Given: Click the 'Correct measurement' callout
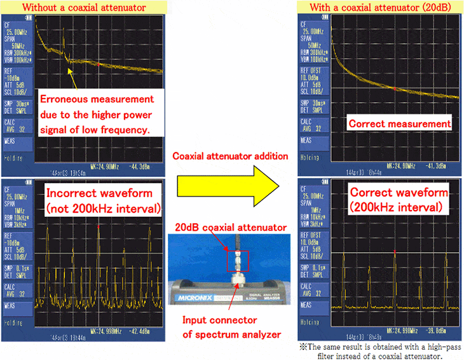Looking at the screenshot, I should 399,123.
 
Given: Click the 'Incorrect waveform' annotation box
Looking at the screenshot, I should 104,199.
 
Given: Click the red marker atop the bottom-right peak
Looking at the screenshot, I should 395,252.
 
